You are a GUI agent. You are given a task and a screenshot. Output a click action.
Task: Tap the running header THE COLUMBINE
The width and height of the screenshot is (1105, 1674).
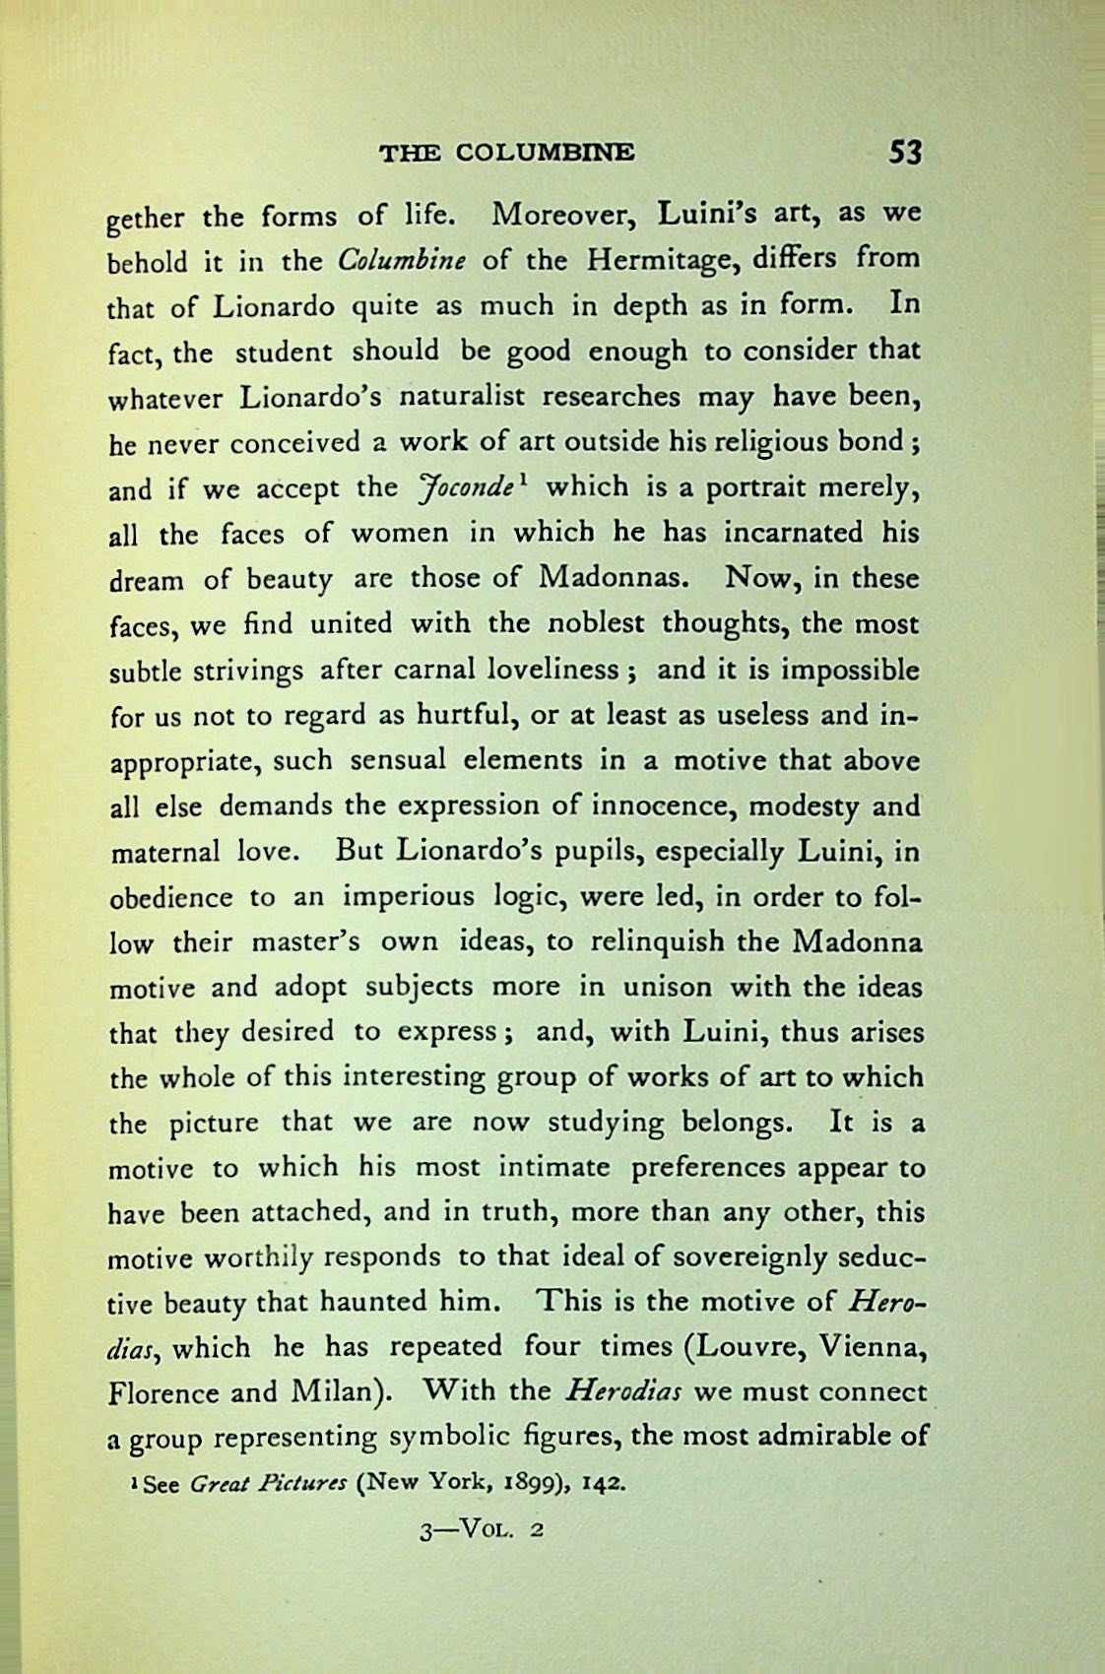(507, 153)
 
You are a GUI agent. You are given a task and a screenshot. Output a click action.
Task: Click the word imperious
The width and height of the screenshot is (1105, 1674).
(409, 897)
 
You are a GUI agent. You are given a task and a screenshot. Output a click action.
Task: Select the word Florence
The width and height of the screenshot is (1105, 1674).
(163, 1393)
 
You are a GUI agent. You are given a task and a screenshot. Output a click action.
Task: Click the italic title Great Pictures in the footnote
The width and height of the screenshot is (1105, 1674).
(267, 1484)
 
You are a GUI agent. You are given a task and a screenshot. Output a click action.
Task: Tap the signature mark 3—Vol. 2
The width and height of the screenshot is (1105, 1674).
(483, 1530)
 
